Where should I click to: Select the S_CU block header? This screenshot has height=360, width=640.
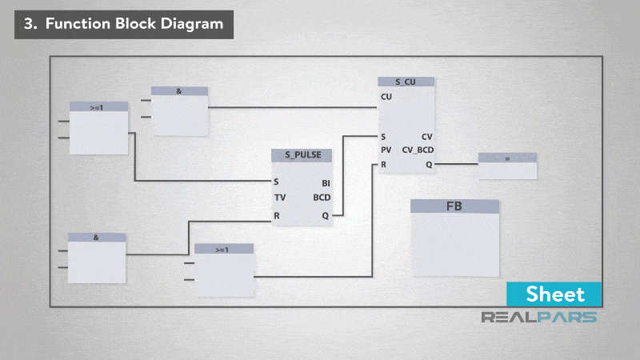(x=406, y=82)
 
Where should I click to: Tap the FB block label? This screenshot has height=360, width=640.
(x=454, y=206)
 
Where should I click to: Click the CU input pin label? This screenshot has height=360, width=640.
(x=386, y=97)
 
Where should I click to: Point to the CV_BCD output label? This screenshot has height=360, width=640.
(x=418, y=150)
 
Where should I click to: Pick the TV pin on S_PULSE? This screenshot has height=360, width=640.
(x=280, y=197)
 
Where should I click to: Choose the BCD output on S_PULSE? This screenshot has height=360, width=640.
(x=322, y=197)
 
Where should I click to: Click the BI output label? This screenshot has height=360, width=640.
(x=325, y=182)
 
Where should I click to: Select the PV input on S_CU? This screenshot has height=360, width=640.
(x=386, y=150)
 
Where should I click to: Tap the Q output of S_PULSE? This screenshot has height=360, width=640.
(x=325, y=215)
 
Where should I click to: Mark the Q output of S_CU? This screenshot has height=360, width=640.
(x=429, y=164)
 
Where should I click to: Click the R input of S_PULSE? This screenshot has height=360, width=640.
(x=277, y=215)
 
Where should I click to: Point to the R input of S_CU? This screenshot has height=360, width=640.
(x=384, y=164)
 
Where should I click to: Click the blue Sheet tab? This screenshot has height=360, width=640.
(x=554, y=294)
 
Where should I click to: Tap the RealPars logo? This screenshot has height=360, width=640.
(x=538, y=317)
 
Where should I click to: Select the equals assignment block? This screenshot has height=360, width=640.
(x=507, y=158)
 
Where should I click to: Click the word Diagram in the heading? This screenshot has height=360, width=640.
(x=193, y=24)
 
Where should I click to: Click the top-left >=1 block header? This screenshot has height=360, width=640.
(x=98, y=106)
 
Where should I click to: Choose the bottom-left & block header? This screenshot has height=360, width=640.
(x=96, y=238)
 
